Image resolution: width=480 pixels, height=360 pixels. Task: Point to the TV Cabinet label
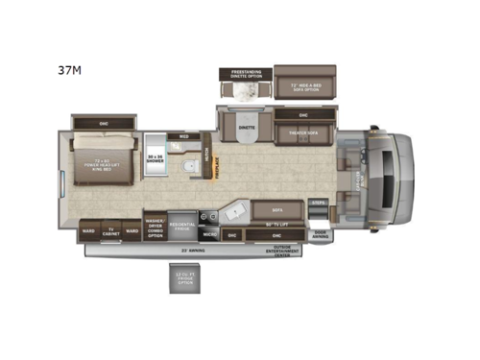tap(111, 231)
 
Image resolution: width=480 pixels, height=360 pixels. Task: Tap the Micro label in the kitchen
tap(208, 233)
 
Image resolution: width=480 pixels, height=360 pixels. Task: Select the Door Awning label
tap(320, 234)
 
